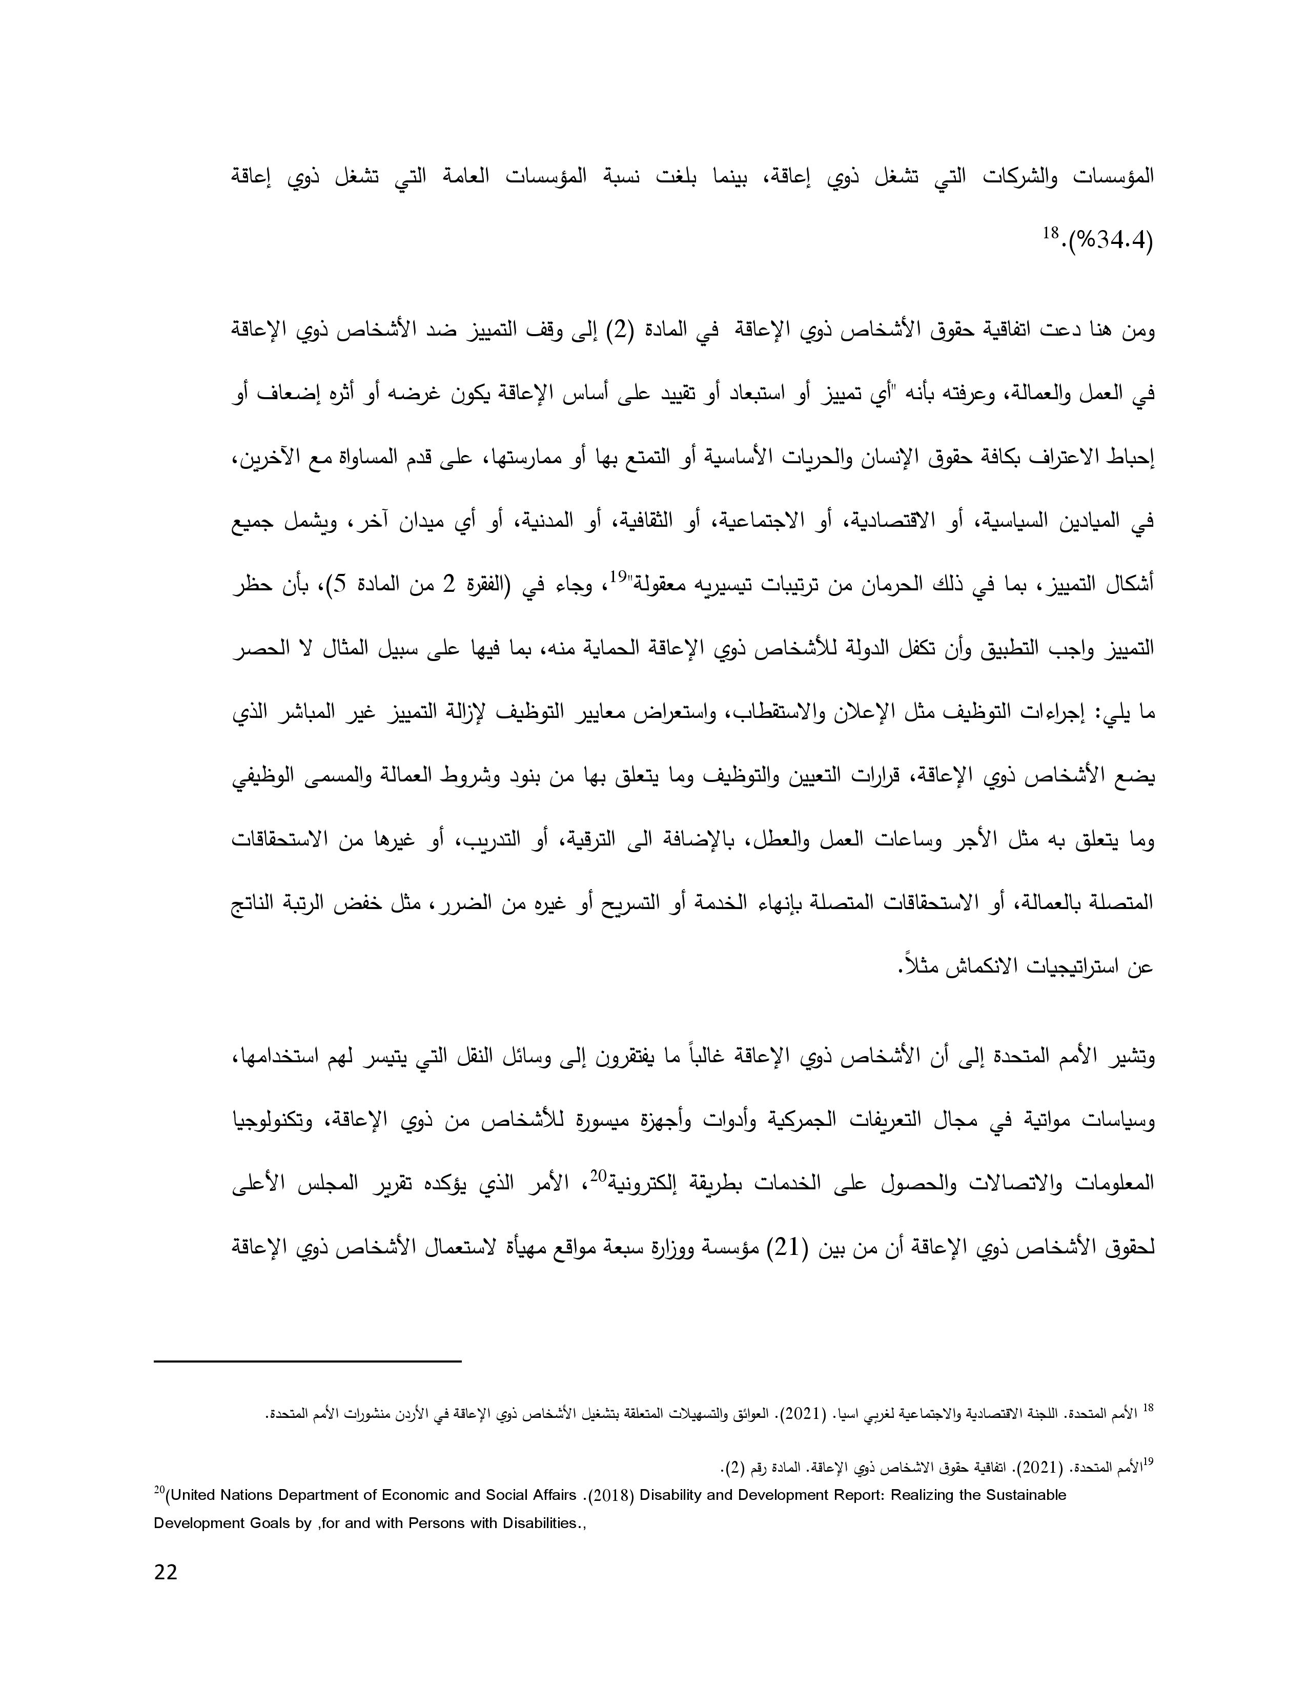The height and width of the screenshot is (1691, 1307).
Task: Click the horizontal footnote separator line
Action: [308, 1360]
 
